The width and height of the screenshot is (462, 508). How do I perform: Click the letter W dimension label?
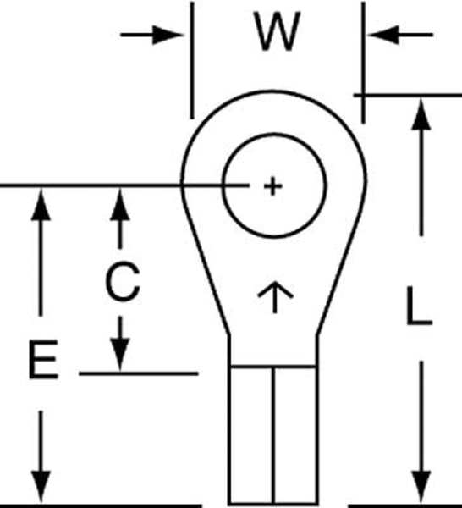(x=278, y=31)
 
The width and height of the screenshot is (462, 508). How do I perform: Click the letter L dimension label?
(x=419, y=306)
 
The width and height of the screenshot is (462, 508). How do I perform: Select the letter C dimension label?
(x=123, y=282)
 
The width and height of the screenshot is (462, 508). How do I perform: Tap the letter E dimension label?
(x=44, y=359)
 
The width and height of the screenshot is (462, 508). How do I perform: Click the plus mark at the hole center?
(x=273, y=186)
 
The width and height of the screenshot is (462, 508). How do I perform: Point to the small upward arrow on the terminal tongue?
(x=275, y=297)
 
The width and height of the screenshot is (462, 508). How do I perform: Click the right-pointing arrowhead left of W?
(x=168, y=35)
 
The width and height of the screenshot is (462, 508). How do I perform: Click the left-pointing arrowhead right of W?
(x=383, y=35)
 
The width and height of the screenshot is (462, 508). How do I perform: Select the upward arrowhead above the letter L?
(x=421, y=114)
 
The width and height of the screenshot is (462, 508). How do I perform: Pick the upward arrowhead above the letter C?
(x=120, y=204)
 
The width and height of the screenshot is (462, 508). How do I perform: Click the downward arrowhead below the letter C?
(x=120, y=355)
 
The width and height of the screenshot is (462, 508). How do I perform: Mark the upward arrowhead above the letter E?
(x=41, y=204)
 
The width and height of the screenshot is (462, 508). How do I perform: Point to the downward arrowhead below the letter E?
(x=41, y=487)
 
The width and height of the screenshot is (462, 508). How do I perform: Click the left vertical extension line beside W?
(x=192, y=60)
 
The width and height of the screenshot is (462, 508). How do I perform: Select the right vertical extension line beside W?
(x=363, y=63)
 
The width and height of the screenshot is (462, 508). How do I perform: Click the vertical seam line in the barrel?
(x=273, y=435)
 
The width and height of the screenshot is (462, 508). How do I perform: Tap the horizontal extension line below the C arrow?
(x=139, y=373)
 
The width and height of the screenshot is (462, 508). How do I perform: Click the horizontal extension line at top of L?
(x=408, y=95)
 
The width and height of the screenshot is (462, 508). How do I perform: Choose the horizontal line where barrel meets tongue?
(x=273, y=367)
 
